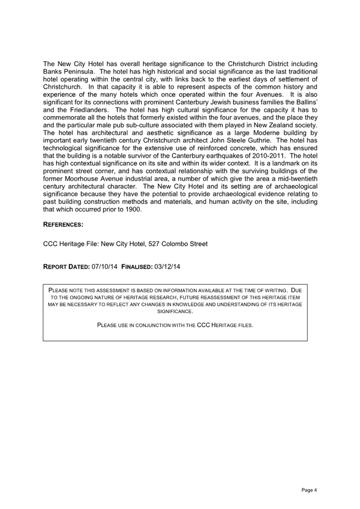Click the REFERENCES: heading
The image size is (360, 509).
click(63, 225)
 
